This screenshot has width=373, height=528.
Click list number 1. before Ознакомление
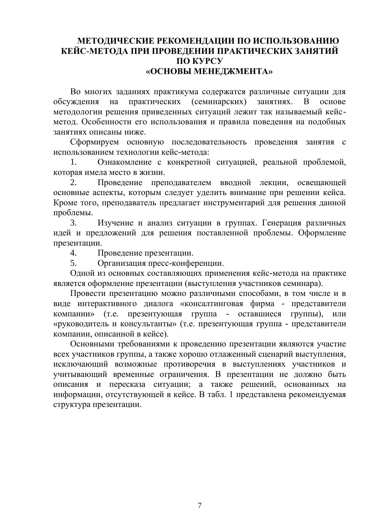(73, 162)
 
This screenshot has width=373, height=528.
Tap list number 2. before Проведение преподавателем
(73, 182)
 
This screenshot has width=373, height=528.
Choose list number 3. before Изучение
(73, 223)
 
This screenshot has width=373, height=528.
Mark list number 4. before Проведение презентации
(73, 253)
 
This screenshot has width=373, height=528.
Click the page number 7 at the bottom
(200, 505)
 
